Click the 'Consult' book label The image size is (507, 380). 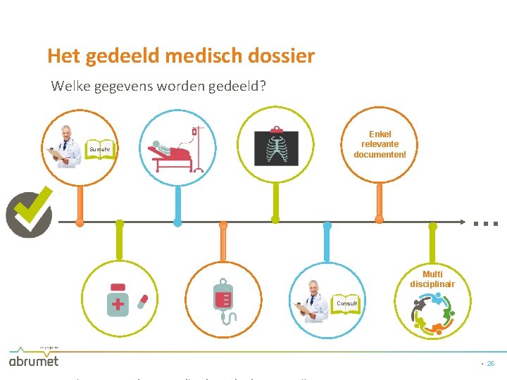click(346, 304)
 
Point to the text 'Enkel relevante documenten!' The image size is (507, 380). click(380, 144)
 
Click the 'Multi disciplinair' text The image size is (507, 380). click(432, 279)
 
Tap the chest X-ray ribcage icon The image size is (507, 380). click(276, 148)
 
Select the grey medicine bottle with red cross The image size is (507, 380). click(118, 300)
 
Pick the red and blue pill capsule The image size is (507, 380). click(143, 301)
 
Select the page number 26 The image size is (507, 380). click(491, 364)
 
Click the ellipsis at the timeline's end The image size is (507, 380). click(486, 223)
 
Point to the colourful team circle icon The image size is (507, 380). click(432, 312)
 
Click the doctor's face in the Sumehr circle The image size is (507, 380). click(66, 134)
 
